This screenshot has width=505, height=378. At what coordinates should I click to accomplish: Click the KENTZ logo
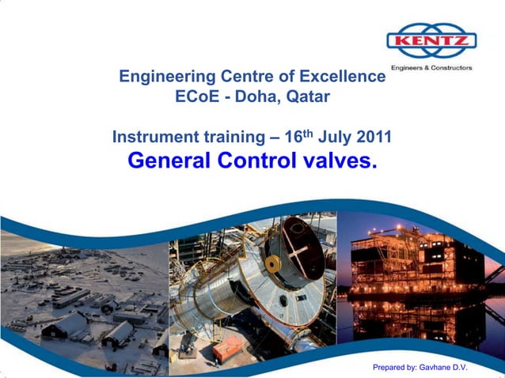431,41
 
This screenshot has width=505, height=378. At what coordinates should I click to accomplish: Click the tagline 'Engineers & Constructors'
431,68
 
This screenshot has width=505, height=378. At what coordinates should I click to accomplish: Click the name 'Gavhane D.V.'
442,367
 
